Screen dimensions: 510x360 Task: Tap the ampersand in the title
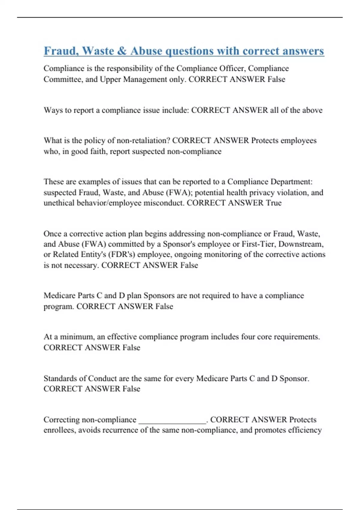tap(122, 51)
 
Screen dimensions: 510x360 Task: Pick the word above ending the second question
tap(312, 110)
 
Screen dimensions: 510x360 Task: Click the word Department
tap(291, 181)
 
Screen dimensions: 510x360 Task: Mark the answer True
tap(274, 203)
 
